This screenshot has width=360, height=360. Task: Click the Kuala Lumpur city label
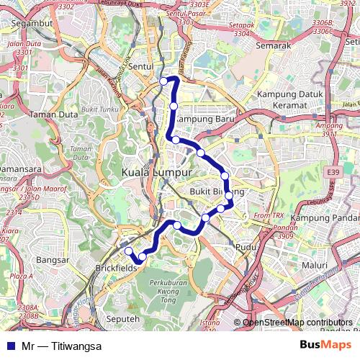tap(157, 174)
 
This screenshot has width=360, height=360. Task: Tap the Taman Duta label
tap(49, 114)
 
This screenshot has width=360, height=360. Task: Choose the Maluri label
tap(314, 265)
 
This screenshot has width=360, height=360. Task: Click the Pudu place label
tap(246, 247)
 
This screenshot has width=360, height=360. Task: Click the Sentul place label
tap(143, 66)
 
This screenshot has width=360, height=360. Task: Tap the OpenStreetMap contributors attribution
tap(297, 322)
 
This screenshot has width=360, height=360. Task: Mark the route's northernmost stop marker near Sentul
tap(164, 81)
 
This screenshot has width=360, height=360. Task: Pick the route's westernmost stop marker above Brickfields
tap(129, 251)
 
